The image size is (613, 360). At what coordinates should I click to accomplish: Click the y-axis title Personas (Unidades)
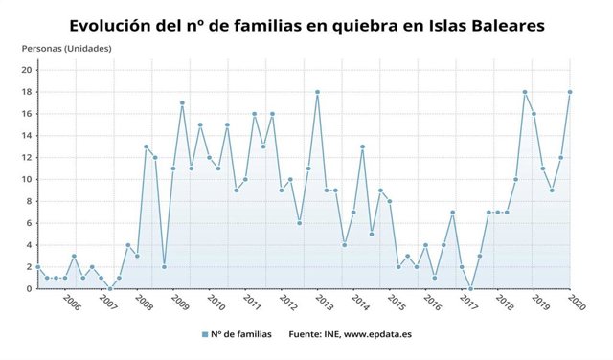[x=67, y=48]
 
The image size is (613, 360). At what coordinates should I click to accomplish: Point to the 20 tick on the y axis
[x=28, y=70]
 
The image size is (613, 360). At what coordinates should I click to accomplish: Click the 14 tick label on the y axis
[x=28, y=136]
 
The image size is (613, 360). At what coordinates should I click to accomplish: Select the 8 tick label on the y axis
[x=31, y=201]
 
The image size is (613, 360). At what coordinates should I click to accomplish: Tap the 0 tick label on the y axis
[x=31, y=289]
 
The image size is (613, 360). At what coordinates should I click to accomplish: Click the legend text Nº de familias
[x=240, y=334]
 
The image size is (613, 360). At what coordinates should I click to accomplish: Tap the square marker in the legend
[x=205, y=334]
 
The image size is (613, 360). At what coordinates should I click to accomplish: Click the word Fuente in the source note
[x=306, y=334]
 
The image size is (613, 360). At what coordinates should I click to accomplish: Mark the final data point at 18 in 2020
[x=570, y=92]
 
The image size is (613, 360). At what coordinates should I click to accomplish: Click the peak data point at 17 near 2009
[x=182, y=102]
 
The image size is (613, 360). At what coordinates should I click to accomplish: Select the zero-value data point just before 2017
[x=470, y=288]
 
